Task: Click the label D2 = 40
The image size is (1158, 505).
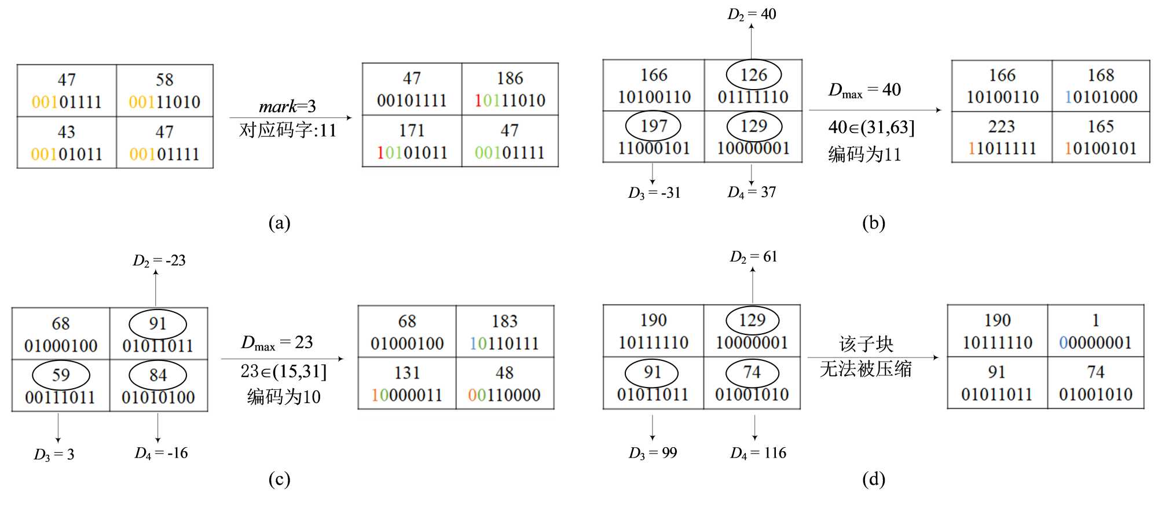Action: pyautogui.click(x=752, y=14)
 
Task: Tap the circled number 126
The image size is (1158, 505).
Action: pyautogui.click(x=753, y=75)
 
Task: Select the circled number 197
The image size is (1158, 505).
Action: pyautogui.click(x=653, y=126)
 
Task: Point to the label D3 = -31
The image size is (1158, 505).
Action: pyautogui.click(x=654, y=193)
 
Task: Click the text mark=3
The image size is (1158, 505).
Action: pyautogui.click(x=287, y=106)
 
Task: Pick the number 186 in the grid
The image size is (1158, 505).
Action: pyautogui.click(x=510, y=78)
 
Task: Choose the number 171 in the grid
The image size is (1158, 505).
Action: pyautogui.click(x=412, y=130)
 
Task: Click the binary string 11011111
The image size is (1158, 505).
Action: pyautogui.click(x=1002, y=148)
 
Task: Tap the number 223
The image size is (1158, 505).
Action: pyautogui.click(x=1002, y=126)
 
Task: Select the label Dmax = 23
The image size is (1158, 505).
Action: pyautogui.click(x=277, y=342)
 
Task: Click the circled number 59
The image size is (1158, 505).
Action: pyautogui.click(x=61, y=375)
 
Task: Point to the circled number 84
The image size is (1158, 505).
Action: pyautogui.click(x=157, y=375)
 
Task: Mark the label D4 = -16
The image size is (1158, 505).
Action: pyautogui.click(x=161, y=453)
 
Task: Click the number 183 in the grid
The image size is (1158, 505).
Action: pyautogui.click(x=504, y=321)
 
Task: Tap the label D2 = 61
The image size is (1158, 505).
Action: pyautogui.click(x=753, y=257)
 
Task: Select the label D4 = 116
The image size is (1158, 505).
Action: pyautogui.click(x=758, y=453)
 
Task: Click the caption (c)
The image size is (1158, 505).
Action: pyautogui.click(x=279, y=479)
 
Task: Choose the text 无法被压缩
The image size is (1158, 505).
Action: pyautogui.click(x=866, y=369)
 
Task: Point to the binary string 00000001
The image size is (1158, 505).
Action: pyautogui.click(x=1095, y=342)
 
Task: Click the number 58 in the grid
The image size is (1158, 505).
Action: pyautogui.click(x=164, y=79)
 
